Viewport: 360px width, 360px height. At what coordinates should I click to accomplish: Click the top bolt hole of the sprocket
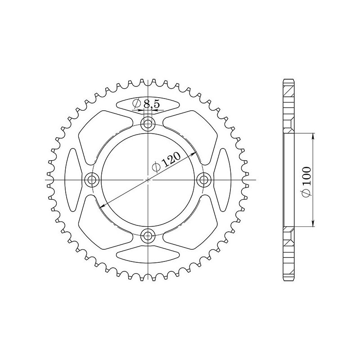(148, 124)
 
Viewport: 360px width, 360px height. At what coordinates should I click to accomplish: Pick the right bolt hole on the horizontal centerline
(204, 180)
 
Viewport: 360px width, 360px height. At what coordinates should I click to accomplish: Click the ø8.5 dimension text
(146, 104)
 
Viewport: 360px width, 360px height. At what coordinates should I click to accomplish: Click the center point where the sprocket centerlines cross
(148, 180)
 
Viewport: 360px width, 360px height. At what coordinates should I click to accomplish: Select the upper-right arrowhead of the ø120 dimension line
(194, 153)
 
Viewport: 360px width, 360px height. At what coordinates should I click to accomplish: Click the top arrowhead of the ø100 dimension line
(313, 135)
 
